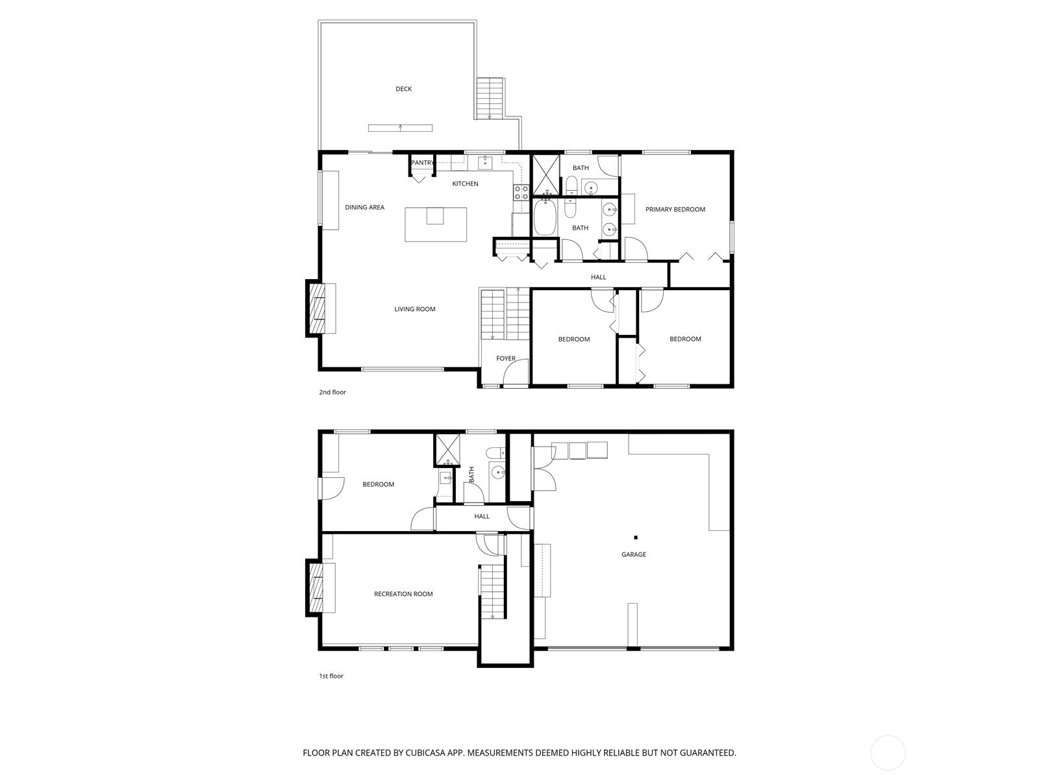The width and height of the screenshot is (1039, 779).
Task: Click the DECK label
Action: [403, 89]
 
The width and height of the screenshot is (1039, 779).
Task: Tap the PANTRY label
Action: [422, 163]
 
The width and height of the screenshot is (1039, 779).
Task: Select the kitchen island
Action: [436, 224]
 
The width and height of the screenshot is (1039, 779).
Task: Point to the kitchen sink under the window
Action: [485, 163]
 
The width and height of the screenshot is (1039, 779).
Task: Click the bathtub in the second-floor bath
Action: [545, 217]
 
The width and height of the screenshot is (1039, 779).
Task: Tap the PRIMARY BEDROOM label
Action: [675, 209]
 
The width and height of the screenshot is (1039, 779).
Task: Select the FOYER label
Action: [505, 358]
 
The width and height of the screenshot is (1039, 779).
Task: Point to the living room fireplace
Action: [316, 308]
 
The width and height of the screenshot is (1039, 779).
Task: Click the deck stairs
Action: [490, 99]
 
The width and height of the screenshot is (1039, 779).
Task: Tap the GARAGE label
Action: [633, 554]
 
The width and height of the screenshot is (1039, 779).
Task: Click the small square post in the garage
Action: [636, 538]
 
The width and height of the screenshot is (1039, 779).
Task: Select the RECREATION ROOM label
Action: [403, 594]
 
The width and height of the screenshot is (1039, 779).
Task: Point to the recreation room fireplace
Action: [316, 587]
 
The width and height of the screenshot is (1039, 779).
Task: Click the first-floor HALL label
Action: [482, 517]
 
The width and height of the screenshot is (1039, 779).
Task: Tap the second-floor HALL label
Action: [598, 277]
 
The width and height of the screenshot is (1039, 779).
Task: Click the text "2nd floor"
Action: [332, 392]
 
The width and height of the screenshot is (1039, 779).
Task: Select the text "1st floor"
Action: [331, 676]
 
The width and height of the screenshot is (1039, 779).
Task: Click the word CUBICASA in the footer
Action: [425, 752]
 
